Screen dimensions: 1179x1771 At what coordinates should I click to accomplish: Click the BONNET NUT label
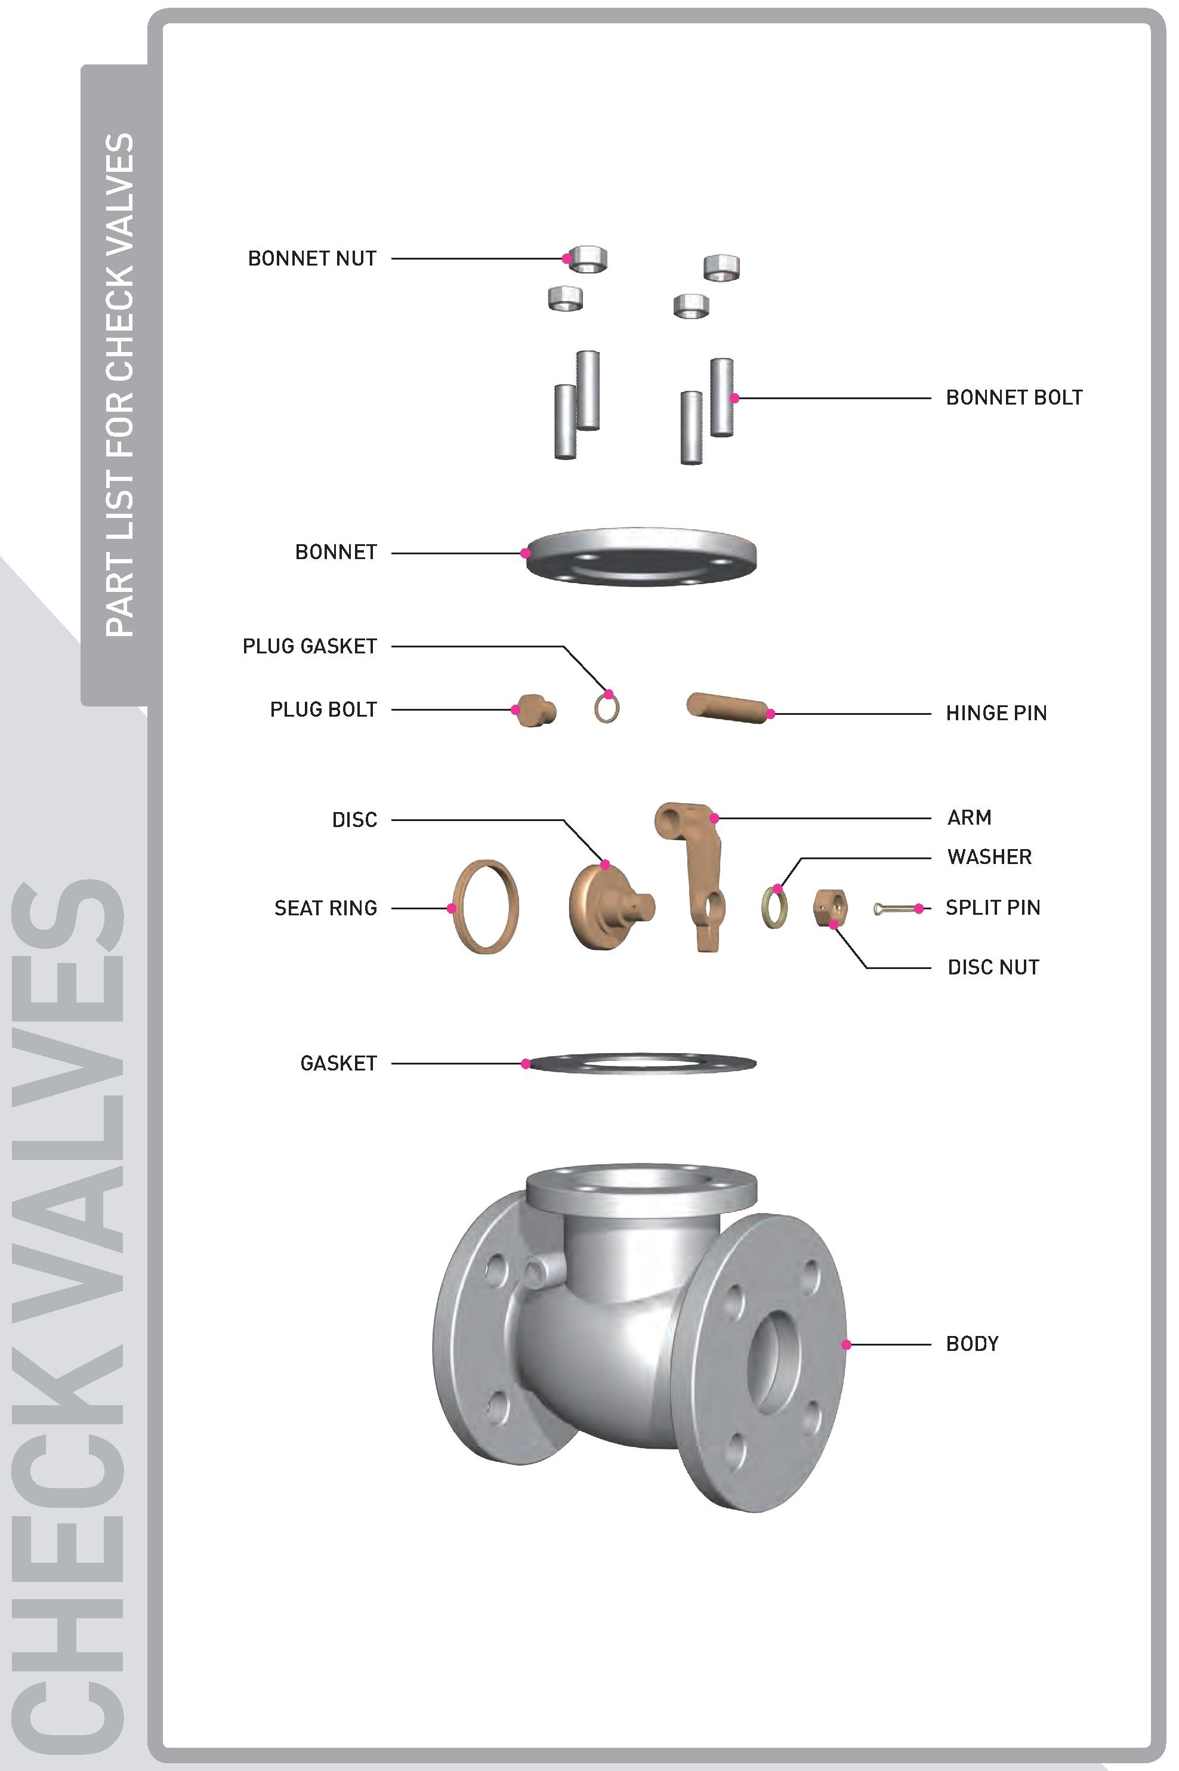tap(312, 259)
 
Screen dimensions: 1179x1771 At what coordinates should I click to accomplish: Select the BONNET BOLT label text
tap(1014, 398)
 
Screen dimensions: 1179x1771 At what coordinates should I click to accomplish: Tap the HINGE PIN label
tap(996, 713)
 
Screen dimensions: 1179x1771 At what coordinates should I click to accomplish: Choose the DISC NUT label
tap(993, 967)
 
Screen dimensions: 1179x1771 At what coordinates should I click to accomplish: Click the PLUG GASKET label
tap(310, 647)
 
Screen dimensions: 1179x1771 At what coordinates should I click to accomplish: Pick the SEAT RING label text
tap(326, 908)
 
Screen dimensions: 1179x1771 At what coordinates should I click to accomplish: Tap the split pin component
tap(895, 909)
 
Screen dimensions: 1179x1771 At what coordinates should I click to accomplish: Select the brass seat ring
tap(456, 907)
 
